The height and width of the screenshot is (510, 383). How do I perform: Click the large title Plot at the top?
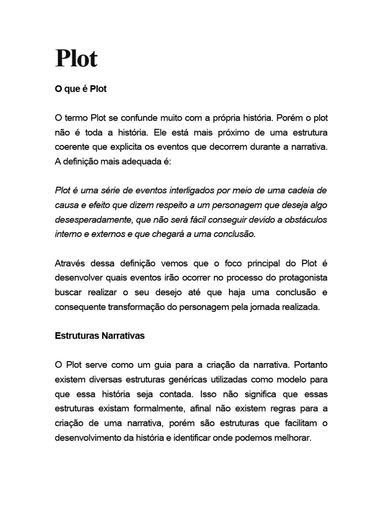[x=76, y=59]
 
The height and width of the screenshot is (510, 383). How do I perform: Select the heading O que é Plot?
[x=81, y=89]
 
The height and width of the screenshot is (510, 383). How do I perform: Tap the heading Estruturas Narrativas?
[x=100, y=336]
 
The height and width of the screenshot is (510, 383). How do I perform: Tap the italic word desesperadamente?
[x=93, y=220]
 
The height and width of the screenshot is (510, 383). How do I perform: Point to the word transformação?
[x=136, y=307]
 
